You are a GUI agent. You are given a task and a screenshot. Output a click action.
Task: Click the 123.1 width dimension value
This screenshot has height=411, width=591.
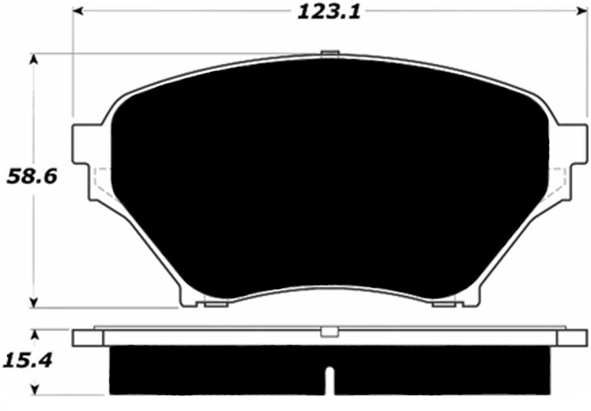[328, 11]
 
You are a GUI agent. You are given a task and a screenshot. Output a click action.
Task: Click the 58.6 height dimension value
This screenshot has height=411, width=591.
[32, 177]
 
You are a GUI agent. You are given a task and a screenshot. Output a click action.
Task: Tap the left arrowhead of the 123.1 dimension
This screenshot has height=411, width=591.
[79, 10]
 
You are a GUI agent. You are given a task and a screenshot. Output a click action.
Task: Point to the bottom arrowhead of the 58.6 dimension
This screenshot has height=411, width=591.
[35, 303]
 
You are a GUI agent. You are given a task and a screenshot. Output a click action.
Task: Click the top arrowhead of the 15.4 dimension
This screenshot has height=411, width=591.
[35, 335]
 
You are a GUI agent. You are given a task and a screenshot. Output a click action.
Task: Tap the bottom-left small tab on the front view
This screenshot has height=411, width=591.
[216, 305]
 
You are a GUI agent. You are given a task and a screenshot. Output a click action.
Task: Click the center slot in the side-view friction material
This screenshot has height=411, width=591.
[330, 380]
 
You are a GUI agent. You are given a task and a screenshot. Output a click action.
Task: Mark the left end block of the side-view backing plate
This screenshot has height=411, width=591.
[87, 338]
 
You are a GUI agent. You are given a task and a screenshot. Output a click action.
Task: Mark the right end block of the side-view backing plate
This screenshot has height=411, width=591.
[572, 338]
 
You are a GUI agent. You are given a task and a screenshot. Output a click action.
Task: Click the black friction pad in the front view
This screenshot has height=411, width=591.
[329, 178]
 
